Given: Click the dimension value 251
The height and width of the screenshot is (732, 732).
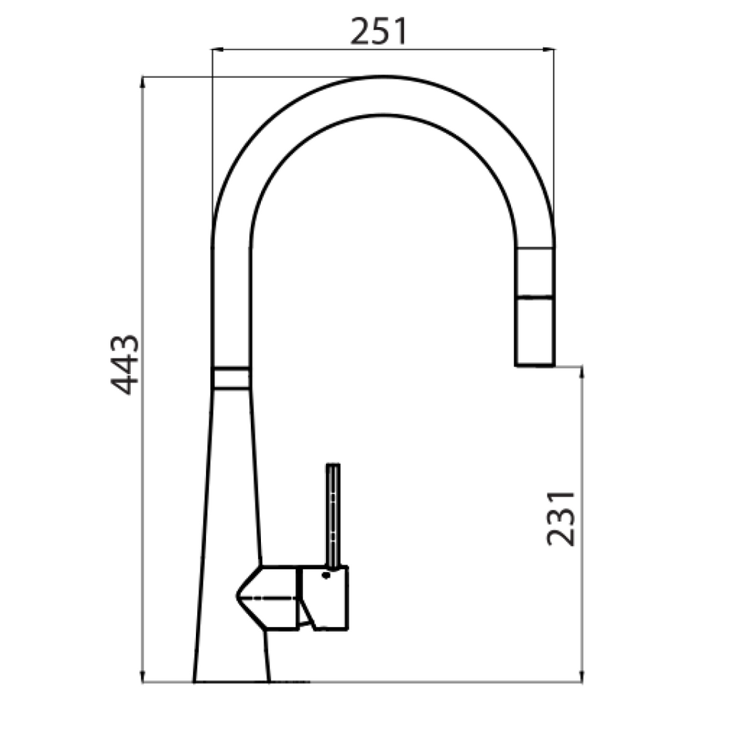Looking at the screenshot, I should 378,31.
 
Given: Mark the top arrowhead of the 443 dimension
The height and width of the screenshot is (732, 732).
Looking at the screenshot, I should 144,81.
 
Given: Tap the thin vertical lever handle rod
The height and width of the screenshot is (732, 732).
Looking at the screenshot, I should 332,515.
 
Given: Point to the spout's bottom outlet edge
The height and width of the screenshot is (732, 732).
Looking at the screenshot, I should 535,365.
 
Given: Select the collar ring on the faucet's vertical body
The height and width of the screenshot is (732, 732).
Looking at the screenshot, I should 231,378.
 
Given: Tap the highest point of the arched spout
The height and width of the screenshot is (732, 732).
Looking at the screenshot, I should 382,77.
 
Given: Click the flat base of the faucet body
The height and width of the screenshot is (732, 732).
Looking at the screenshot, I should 231,681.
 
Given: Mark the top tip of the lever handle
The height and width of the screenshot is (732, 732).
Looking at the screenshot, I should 332,466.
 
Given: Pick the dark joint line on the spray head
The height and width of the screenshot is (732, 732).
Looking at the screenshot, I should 535,295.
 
